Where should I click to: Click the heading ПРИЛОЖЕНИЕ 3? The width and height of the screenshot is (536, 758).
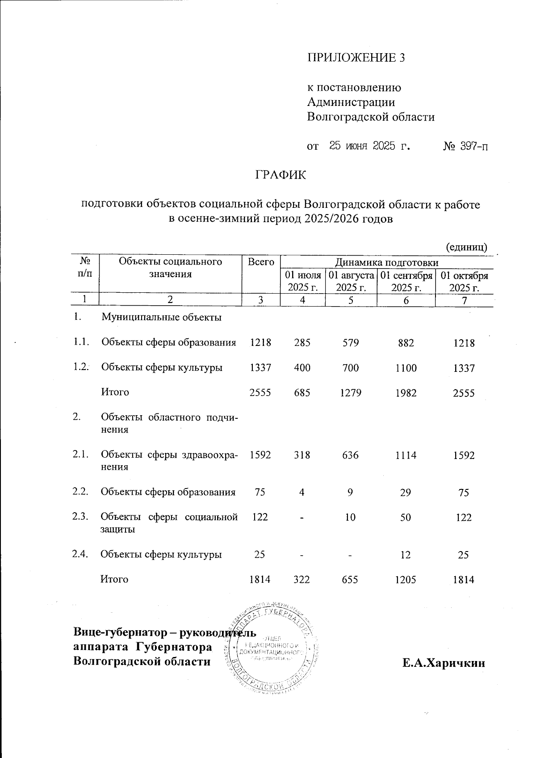356,58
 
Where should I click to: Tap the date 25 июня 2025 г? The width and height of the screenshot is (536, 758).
370,146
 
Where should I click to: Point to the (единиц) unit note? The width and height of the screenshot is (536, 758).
466,247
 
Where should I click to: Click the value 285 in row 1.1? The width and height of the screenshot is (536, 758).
302,343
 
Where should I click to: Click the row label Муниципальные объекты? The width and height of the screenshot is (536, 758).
162,318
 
